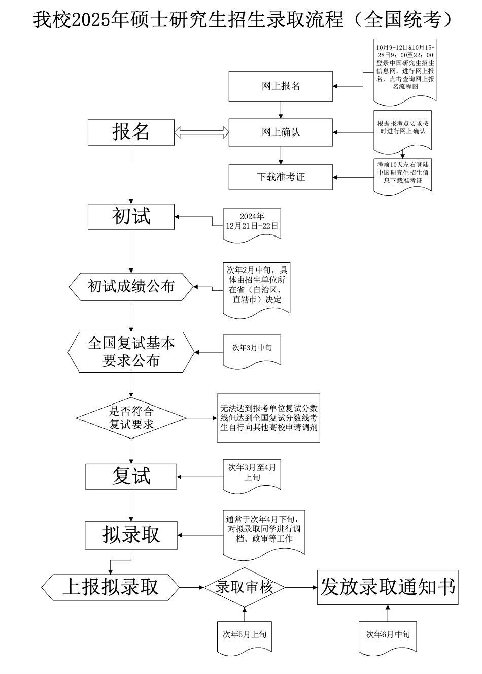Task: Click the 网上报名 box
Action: click(281, 86)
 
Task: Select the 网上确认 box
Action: click(281, 132)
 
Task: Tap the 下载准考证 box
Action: click(281, 177)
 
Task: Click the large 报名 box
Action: click(131, 132)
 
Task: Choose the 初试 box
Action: click(131, 217)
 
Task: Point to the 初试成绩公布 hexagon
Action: click(131, 287)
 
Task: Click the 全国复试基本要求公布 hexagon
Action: click(131, 352)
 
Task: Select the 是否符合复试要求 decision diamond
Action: click(131, 418)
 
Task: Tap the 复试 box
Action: click(131, 477)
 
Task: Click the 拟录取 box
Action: click(131, 535)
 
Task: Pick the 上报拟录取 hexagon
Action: click(111, 587)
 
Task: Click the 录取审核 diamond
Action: click(245, 588)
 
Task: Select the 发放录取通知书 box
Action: click(388, 587)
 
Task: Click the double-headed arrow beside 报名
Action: click(201, 132)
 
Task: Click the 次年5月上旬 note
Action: click(245, 635)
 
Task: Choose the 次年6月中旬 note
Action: click(388, 635)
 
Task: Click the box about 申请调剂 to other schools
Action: click(268, 418)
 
